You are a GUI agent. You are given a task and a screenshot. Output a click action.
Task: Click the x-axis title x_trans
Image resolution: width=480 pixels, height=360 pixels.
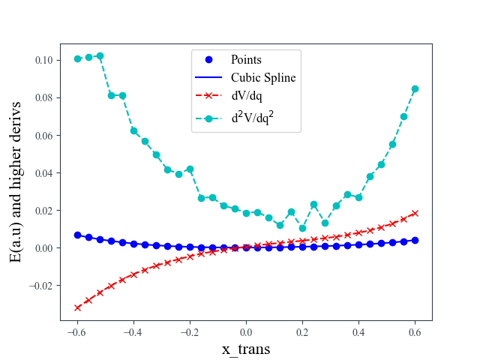pos(246,349)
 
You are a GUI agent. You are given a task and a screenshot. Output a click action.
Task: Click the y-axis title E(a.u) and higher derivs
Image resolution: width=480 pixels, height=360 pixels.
pos(16,182)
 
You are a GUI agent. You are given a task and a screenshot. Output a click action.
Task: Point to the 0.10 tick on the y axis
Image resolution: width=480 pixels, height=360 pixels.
pos(40,60)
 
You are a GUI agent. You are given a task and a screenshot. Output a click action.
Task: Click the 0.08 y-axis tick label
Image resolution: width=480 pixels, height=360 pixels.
pos(40,97)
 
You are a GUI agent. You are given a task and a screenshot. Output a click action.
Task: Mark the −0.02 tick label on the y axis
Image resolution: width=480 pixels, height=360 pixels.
pos(37,286)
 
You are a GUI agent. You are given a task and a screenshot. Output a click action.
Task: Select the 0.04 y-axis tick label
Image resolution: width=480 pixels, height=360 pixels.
pos(40,172)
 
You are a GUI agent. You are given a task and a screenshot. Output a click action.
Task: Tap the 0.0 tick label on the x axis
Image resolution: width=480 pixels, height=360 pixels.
pos(246,332)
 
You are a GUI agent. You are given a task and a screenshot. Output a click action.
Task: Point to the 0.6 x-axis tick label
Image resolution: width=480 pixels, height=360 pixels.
pos(415,332)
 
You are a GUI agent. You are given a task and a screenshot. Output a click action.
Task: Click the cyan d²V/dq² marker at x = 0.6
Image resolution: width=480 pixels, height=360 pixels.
pos(415,88)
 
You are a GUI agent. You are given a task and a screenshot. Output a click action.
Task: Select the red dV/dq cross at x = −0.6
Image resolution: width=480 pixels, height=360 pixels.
pos(77,307)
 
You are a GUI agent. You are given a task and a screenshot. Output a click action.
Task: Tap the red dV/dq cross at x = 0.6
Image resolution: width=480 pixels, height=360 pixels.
pos(415,213)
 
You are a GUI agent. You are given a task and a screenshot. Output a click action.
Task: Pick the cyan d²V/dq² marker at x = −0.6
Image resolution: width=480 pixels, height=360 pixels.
pos(77,58)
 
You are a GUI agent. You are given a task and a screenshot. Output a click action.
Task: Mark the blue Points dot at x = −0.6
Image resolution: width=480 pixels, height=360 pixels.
pos(77,235)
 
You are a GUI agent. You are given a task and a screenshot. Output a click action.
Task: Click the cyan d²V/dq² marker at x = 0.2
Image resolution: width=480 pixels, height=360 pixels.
pos(302,228)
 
